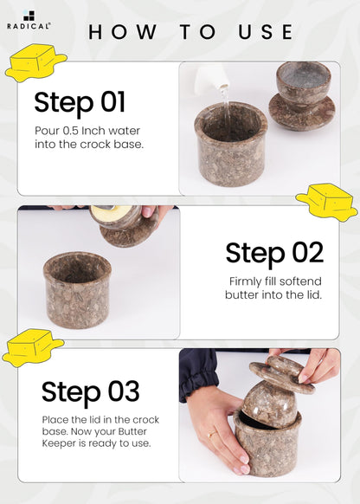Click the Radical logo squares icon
tap(29, 16)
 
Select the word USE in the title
tap(266, 32)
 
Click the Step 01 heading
tap(80, 102)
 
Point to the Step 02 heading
tap(274, 253)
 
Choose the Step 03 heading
tap(91, 391)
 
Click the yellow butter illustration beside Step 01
tap(35, 62)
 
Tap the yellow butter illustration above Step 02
tap(326, 202)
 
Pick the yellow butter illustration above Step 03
tap(32, 347)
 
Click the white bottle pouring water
tap(212, 77)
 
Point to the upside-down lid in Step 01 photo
tap(302, 96)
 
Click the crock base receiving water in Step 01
tap(231, 144)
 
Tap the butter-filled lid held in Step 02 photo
tap(125, 225)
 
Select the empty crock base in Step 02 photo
tap(77, 290)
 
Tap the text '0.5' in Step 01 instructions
tap(71, 131)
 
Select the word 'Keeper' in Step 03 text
tap(58, 443)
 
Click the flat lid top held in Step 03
tap(282, 375)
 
